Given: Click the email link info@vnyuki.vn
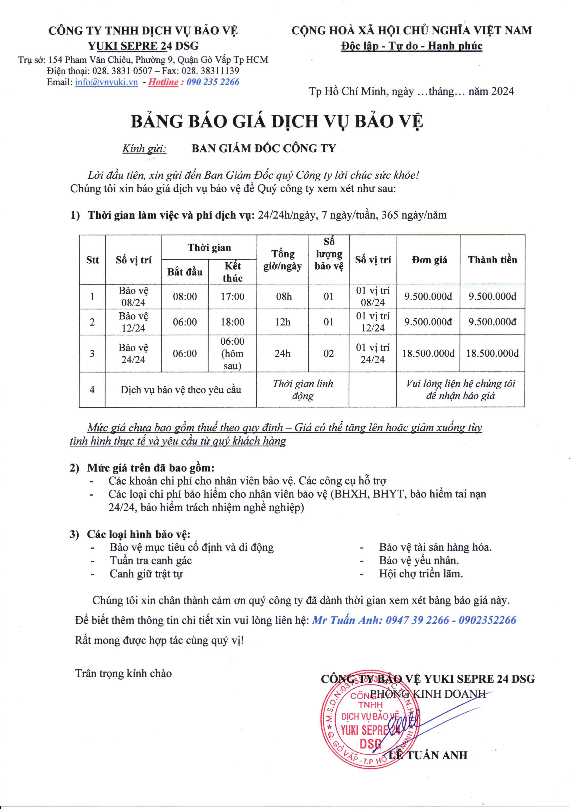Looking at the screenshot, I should click(x=106, y=82).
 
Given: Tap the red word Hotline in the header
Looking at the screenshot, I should click(x=163, y=82).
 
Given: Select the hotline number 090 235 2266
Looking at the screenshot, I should click(x=213, y=82).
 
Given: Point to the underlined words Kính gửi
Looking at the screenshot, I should click(x=144, y=149).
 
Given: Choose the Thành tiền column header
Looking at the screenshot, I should click(x=492, y=260).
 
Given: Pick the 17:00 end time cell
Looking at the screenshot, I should click(x=232, y=296).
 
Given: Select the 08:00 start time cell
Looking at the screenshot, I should click(x=185, y=296).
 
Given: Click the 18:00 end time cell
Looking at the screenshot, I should click(x=232, y=322).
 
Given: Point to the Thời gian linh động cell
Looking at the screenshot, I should click(x=303, y=390).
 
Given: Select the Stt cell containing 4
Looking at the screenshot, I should click(x=92, y=390).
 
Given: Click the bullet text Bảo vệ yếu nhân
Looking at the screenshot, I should click(x=419, y=560).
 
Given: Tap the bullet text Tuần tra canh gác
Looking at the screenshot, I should click(x=151, y=560).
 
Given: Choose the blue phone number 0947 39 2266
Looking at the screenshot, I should click(x=417, y=620).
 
